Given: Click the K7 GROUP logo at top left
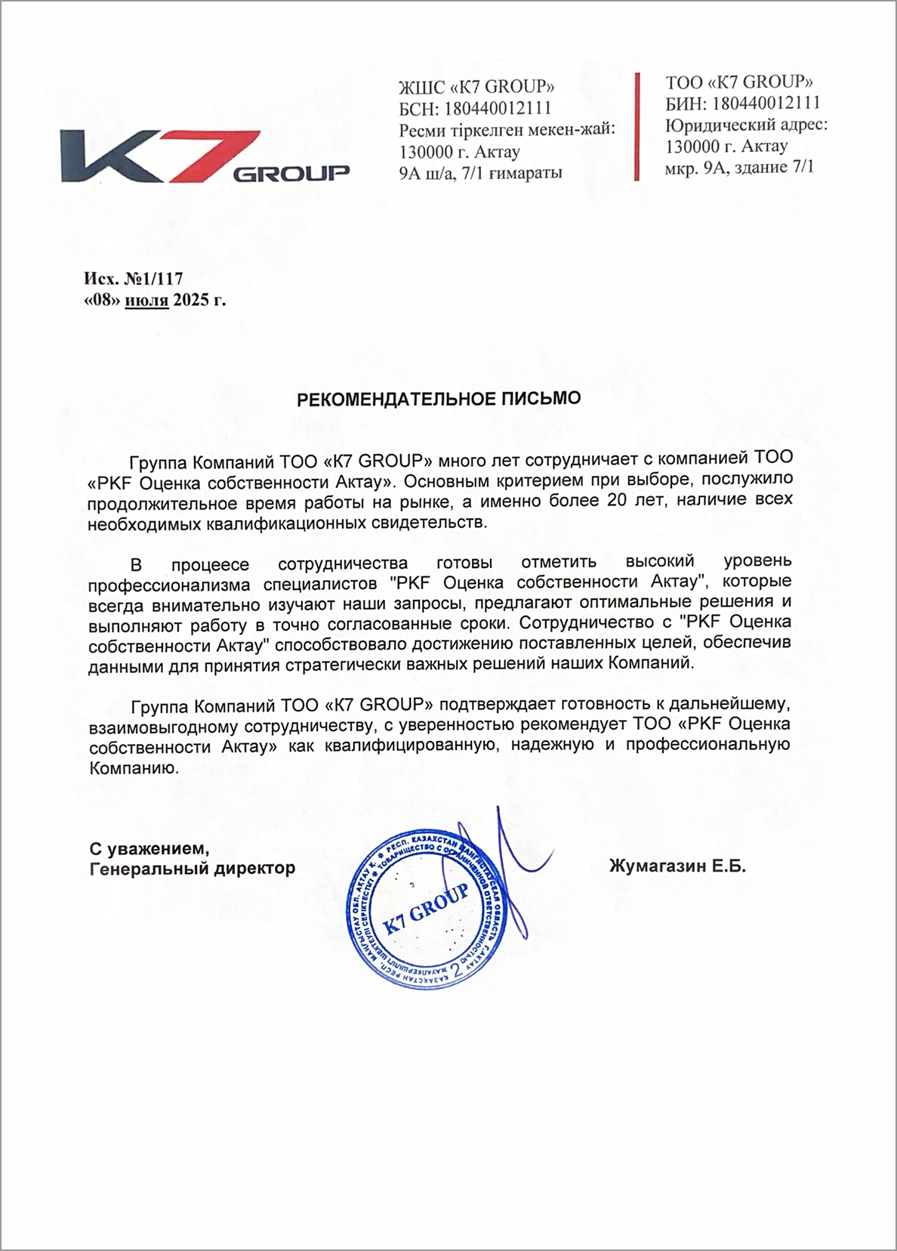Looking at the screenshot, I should click(x=204, y=156).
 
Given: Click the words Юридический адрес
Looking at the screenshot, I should click(x=746, y=124).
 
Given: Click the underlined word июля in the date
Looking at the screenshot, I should click(x=146, y=300).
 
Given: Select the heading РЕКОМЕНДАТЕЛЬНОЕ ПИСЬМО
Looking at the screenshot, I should click(x=439, y=398).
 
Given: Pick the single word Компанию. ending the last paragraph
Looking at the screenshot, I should click(x=134, y=769).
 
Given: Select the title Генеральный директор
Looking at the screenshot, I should click(x=192, y=868).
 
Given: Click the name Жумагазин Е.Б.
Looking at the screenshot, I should click(x=677, y=867).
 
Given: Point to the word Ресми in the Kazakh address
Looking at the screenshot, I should click(x=421, y=129).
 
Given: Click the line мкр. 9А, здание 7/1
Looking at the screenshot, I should click(x=739, y=167).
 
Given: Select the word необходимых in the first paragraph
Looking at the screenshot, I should click(x=144, y=521).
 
